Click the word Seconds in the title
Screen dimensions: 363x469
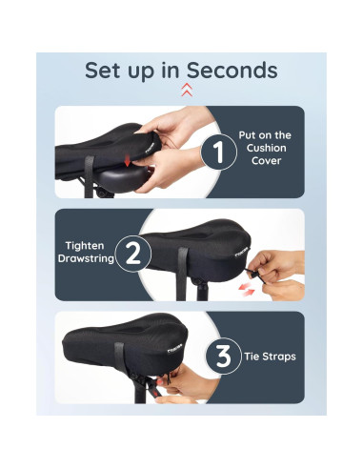pos(232,71)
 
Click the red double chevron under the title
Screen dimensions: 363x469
pos(187,90)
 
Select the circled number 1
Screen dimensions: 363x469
pos(219,152)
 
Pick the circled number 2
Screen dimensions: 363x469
pos(133,254)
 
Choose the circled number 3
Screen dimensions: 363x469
pos(224,356)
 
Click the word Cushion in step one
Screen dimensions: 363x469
pos(266,148)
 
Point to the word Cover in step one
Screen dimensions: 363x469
pos(266,161)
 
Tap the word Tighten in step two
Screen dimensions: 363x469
pos(85,246)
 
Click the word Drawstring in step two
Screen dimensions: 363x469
pos(86,258)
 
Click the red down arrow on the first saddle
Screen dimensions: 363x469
pos(128,161)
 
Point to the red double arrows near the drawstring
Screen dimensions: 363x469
pos(247,290)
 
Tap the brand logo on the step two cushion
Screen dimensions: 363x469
pos(241,255)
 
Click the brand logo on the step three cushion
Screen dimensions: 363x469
pos(174,350)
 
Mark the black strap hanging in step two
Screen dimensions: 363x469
pos(182,274)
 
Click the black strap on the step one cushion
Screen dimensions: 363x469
pos(89,175)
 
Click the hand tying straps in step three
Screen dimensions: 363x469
pos(184,385)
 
